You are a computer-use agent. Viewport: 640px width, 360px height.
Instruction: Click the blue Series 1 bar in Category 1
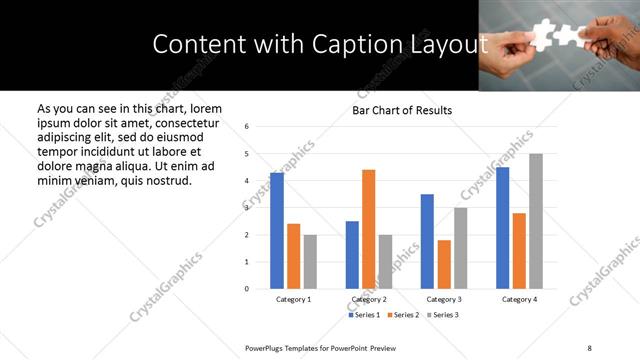(x=277, y=230)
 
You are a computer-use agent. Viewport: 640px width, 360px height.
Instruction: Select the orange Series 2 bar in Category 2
(x=368, y=229)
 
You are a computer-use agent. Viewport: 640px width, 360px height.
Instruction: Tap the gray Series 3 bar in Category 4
(x=536, y=221)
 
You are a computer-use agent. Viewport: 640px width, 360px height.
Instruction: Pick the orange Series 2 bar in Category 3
(x=444, y=264)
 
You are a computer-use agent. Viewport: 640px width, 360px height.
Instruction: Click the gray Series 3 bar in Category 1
(x=311, y=262)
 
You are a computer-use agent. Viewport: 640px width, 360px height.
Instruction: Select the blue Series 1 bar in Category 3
(x=427, y=241)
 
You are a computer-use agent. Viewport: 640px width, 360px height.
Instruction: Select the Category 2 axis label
(x=368, y=300)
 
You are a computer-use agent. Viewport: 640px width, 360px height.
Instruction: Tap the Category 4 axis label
(x=519, y=300)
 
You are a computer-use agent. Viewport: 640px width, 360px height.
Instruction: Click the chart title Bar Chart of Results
(x=402, y=110)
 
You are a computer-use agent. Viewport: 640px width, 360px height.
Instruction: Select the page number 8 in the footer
(x=589, y=347)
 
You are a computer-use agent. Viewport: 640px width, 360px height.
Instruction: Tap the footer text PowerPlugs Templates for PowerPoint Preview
(x=320, y=347)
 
